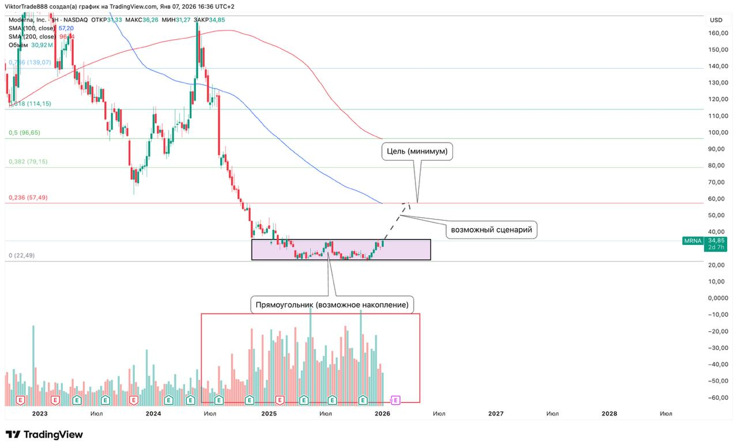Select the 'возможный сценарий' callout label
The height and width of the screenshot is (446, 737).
click(x=492, y=230)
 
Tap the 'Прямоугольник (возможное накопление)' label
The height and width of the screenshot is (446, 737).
click(x=332, y=304)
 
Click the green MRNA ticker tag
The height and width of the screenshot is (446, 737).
click(x=693, y=240)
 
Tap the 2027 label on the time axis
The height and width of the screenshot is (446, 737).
click(x=496, y=413)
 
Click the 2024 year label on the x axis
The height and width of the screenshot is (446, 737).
click(x=153, y=413)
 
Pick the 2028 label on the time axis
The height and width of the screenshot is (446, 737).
click(x=609, y=413)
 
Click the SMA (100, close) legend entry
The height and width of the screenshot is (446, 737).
click(x=32, y=28)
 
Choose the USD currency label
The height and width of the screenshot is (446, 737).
click(x=716, y=20)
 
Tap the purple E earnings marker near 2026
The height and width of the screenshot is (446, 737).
click(x=396, y=399)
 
